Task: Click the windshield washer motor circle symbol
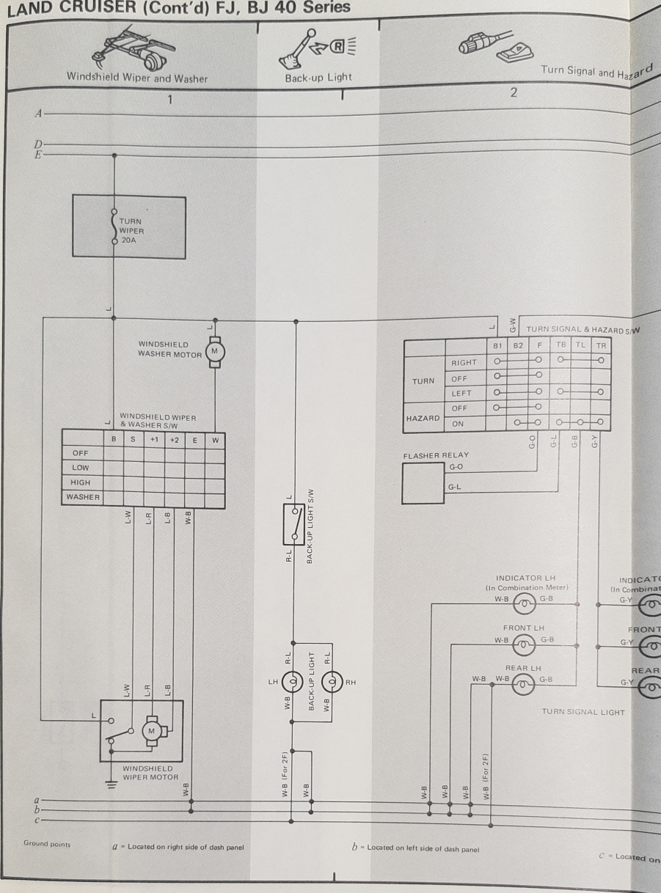215,351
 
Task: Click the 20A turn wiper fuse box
129,226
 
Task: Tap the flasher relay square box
423,482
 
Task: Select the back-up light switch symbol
294,523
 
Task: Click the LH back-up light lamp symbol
292,682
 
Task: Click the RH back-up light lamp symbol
332,682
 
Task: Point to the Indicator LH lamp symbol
525,604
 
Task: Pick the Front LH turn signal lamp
524,645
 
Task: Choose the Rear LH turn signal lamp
524,685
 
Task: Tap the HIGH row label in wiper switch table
81,482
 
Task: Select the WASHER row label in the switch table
83,497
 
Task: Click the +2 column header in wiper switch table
174,440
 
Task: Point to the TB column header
560,344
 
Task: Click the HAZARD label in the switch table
423,418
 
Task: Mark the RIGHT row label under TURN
464,362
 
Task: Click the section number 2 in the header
514,92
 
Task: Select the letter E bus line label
37,155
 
